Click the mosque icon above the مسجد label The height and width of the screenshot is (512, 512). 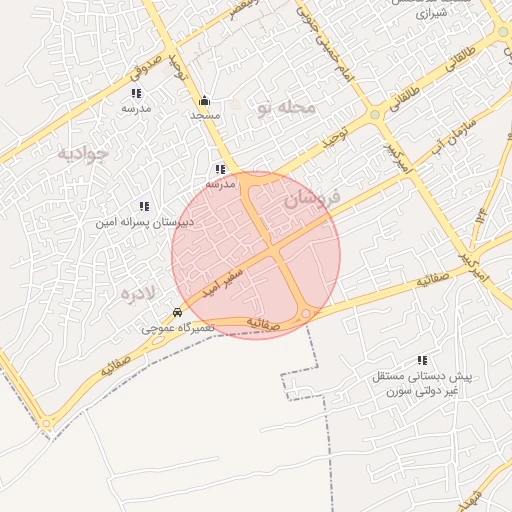[x=205, y=100]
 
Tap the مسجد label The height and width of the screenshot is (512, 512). [x=205, y=116]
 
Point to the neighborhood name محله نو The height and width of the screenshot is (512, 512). [x=288, y=106]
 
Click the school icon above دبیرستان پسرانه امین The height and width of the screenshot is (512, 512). [x=144, y=206]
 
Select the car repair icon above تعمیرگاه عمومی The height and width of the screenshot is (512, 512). [x=177, y=311]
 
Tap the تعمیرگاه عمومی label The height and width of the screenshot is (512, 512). [x=173, y=327]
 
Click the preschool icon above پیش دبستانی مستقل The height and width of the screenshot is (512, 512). [x=421, y=360]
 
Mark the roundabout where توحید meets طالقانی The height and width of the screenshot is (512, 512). [x=375, y=115]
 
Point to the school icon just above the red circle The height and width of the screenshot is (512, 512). [x=220, y=169]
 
